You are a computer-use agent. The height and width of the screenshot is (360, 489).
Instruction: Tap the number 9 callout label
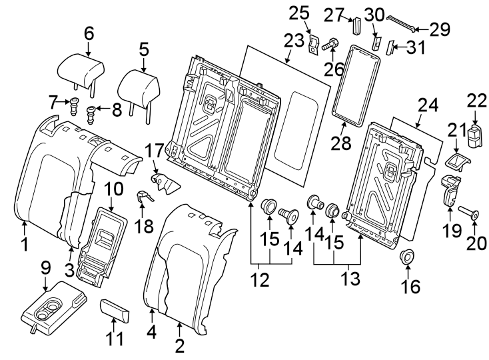pos(45,267)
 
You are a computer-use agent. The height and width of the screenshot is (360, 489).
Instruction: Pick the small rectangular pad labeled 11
pos(115,310)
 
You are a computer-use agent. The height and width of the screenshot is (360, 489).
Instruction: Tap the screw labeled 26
pos(329,45)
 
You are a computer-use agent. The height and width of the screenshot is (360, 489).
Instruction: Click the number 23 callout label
pos(293,41)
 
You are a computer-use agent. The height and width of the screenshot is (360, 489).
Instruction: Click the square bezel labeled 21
pos(458,160)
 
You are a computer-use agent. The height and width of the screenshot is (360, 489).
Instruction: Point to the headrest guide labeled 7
pos(74,103)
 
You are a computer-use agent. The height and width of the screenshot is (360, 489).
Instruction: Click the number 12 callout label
pos(260,280)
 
